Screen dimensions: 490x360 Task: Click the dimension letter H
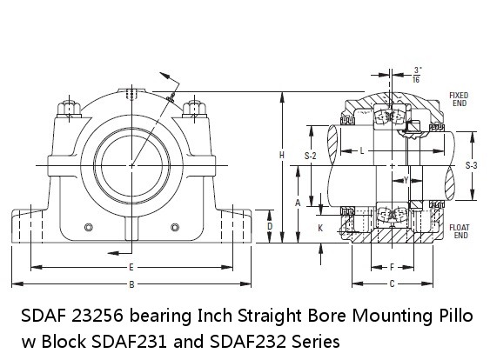282,155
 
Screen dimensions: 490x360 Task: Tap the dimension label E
131,267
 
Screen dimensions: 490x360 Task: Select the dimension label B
132,284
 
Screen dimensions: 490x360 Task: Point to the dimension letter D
270,226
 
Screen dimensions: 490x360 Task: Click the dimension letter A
298,203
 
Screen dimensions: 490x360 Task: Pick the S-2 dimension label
311,156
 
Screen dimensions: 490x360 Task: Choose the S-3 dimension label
471,165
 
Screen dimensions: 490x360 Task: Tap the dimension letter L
362,151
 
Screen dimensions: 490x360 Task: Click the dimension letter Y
406,180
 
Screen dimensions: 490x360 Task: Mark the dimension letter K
320,228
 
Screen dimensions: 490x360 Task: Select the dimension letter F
393,267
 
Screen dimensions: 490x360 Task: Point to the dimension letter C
393,283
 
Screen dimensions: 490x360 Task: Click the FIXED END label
459,99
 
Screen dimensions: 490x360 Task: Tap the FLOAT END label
460,231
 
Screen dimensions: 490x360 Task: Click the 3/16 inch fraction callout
416,75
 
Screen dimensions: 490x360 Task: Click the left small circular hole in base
89,227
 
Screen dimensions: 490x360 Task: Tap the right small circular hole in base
175,227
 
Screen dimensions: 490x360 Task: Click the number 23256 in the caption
97,316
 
